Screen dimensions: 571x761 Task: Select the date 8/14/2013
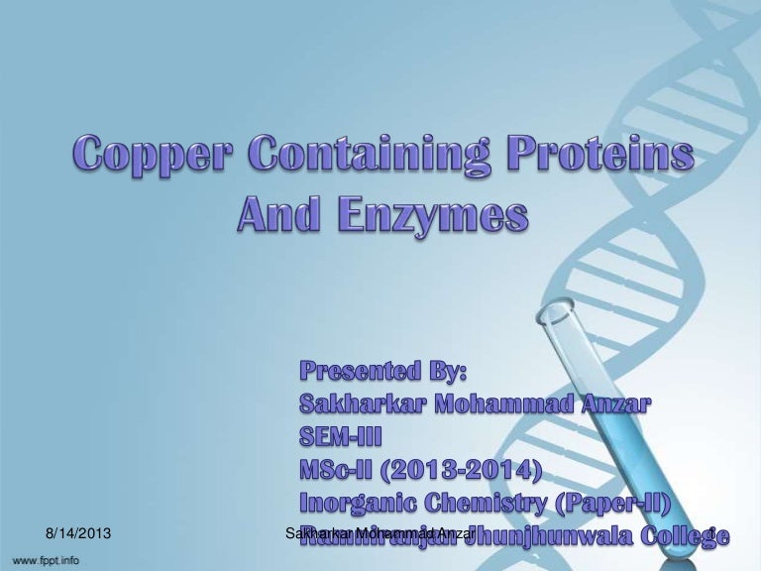tap(78, 535)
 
